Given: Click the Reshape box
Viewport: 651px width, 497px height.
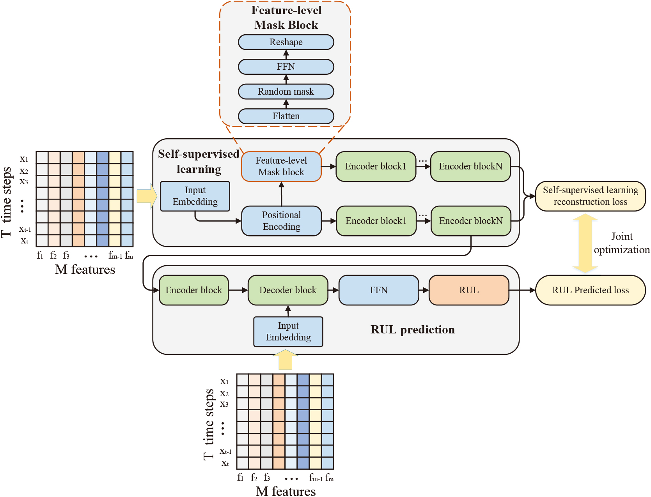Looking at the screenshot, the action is click(286, 42).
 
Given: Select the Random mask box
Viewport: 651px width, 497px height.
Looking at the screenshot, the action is click(286, 92).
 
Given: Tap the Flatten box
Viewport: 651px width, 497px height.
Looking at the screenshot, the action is click(286, 116).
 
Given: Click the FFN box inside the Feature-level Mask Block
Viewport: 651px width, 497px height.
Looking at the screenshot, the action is click(286, 67).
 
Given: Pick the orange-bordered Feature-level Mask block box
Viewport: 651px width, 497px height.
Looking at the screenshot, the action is click(281, 166).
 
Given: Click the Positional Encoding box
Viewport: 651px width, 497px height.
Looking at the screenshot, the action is click(282, 221).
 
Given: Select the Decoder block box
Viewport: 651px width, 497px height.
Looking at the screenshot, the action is click(288, 290).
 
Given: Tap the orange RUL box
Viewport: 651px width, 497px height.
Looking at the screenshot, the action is click(469, 290).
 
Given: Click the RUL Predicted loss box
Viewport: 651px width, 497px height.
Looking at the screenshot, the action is click(591, 290).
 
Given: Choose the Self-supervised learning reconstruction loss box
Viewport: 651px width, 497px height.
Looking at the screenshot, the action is click(591, 196).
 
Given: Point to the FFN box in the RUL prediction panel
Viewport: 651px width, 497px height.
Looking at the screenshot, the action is click(379, 290).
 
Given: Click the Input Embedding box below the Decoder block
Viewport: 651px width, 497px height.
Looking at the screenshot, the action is click(288, 331).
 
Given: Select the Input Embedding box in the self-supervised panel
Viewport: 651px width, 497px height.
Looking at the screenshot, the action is click(195, 196).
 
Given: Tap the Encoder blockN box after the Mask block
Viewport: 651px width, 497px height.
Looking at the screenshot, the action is click(470, 166).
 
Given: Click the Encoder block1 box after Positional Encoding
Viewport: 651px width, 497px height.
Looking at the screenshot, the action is click(376, 221).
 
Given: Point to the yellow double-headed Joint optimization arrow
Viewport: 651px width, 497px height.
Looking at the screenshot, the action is click(585, 243).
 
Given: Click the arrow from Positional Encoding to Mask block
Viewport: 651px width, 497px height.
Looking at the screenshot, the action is click(282, 194).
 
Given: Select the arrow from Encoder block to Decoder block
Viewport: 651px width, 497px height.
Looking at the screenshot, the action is click(238, 290).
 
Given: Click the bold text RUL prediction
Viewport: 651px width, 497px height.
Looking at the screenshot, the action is click(413, 330).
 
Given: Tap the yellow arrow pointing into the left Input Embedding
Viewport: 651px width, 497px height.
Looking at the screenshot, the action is click(147, 196).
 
